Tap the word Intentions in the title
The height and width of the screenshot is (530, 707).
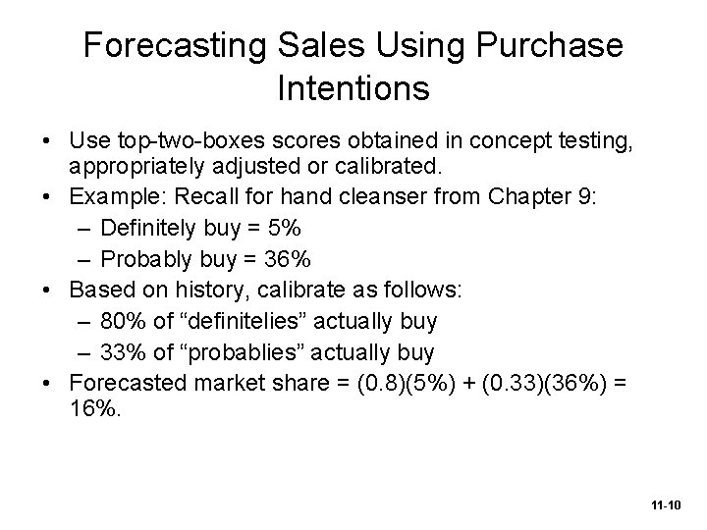[x=353, y=88]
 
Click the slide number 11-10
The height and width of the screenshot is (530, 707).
[x=665, y=503]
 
